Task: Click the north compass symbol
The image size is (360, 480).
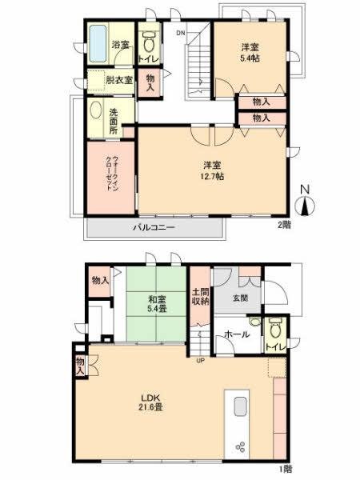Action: tap(305, 200)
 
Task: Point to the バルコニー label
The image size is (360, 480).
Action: tap(154, 229)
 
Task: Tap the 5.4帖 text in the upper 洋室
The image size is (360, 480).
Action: tap(250, 58)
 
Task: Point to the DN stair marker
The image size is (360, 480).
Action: tap(181, 34)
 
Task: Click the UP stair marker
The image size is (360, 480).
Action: tap(202, 358)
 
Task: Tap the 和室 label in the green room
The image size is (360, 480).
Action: tap(156, 301)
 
